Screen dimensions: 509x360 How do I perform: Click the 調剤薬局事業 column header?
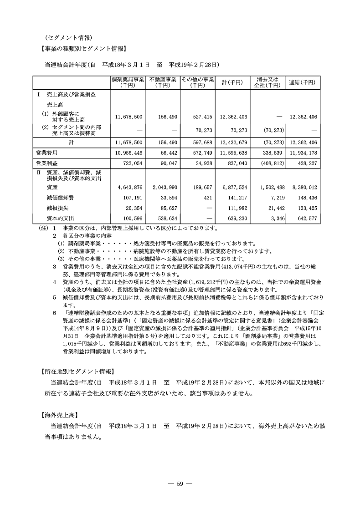pos(128,82)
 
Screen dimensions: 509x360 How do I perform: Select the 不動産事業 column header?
pos(163,82)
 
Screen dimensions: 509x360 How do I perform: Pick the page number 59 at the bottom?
pos(180,484)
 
